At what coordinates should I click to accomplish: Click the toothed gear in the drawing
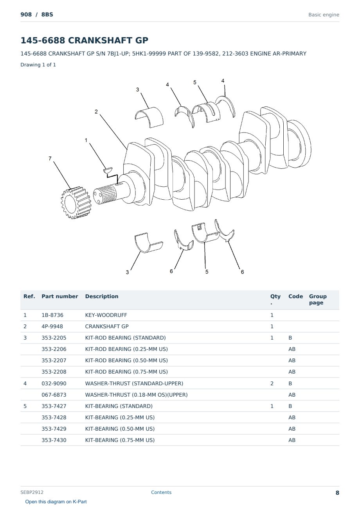point(76,203)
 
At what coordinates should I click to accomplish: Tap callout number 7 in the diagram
point(50,159)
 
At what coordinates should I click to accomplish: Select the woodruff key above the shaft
point(108,170)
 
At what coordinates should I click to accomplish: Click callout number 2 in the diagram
point(96,112)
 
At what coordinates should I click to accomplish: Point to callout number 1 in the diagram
point(86,140)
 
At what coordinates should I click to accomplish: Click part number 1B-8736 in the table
point(52,315)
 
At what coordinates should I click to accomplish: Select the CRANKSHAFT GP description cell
point(107,326)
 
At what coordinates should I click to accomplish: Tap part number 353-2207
point(54,360)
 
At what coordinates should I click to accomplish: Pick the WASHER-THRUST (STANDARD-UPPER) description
point(134,383)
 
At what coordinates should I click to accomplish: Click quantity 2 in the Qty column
point(272,383)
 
